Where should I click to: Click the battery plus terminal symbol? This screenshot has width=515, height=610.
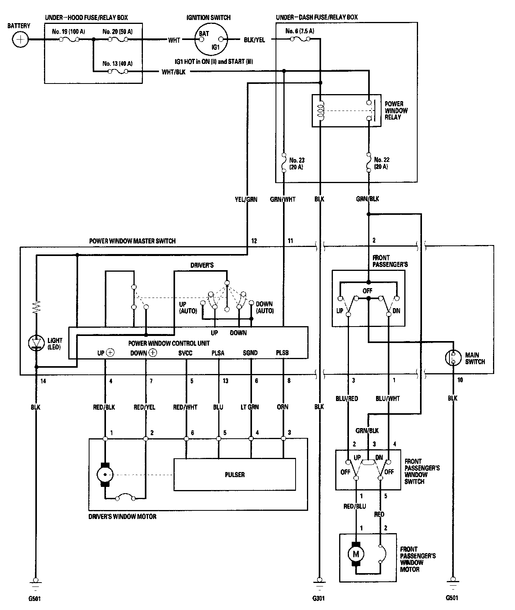(20, 40)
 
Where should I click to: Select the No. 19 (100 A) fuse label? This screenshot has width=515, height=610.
(68, 31)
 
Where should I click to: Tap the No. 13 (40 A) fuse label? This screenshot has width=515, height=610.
(117, 64)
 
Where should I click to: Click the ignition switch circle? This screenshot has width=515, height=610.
(211, 39)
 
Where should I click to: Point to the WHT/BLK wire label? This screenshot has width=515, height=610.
(173, 72)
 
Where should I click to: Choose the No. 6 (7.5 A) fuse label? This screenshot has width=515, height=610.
(300, 31)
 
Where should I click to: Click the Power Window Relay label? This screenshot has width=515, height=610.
(396, 111)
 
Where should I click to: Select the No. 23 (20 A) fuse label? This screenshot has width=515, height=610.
(297, 163)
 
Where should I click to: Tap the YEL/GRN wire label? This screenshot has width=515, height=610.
(246, 199)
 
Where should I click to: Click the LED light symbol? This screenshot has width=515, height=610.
(36, 343)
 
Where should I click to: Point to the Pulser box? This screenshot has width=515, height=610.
(235, 474)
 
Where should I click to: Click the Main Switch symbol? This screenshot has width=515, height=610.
(453, 358)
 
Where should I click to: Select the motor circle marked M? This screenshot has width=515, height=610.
(356, 554)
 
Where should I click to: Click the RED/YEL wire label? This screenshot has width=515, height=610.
(144, 407)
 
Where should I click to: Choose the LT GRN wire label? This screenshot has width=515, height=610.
(250, 407)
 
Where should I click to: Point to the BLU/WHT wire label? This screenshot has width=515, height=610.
(387, 398)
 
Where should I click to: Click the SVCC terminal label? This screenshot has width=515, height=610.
(185, 353)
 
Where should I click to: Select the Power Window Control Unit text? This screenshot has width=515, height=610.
(169, 343)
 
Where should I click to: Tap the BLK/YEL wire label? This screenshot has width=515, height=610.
(254, 40)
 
